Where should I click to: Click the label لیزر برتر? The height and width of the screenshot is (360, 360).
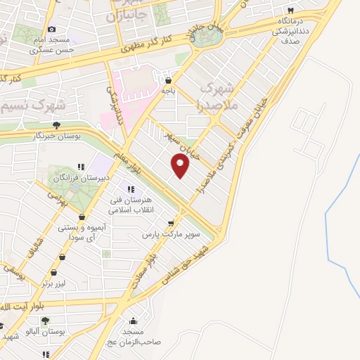52,283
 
